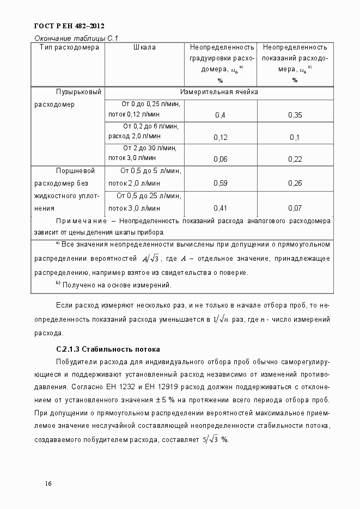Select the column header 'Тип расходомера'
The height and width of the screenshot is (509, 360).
point(69,47)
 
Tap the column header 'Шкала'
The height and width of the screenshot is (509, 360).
point(144,47)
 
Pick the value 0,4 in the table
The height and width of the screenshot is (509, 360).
point(221,115)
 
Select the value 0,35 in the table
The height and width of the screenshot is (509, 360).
point(295,115)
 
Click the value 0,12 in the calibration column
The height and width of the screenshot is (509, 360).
point(221,137)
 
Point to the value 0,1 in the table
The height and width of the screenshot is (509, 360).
point(295,137)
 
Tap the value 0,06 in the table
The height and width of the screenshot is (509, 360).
point(221,159)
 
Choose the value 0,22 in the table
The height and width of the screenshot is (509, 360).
point(295,159)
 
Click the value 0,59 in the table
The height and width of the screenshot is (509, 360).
point(221,183)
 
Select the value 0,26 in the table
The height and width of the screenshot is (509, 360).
point(295,183)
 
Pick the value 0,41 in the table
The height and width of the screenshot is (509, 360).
point(221,208)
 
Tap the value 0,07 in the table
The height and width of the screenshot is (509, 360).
point(295,208)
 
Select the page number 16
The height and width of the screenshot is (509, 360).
point(48,483)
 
